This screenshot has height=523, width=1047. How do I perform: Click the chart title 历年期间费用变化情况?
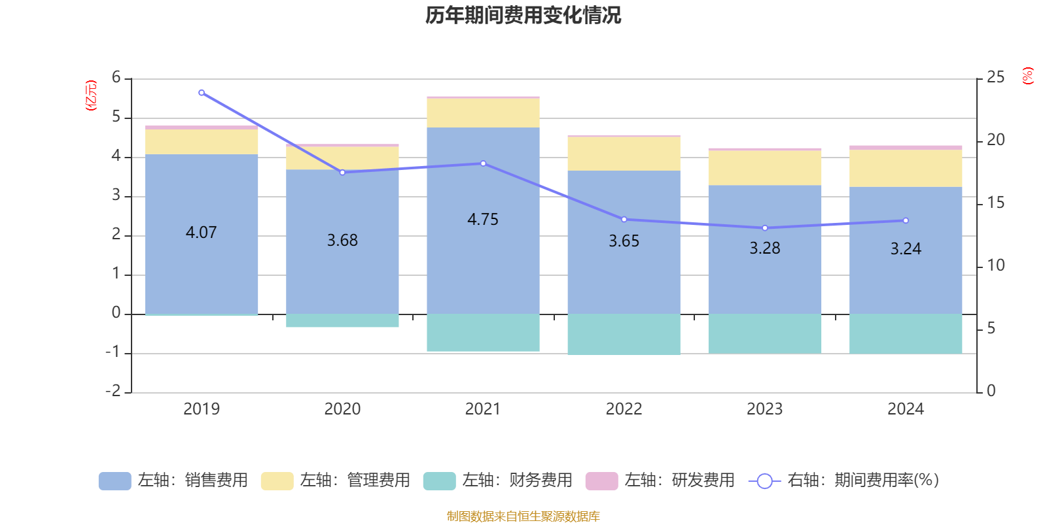click(523, 15)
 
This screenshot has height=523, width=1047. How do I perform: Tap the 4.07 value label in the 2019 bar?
click(201, 233)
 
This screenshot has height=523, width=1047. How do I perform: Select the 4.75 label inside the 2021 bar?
click(483, 220)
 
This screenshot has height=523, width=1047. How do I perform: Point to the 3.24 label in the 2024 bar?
click(906, 249)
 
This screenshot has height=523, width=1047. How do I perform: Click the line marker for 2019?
click(202, 93)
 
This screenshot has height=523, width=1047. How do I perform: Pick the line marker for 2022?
click(624, 220)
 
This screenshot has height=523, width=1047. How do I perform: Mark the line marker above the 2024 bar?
click(906, 220)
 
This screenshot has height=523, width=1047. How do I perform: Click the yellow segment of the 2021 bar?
click(483, 113)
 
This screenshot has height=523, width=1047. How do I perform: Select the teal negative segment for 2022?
click(624, 334)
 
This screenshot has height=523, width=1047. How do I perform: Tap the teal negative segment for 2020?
click(342, 320)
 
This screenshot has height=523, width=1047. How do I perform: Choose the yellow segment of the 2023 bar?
click(764, 168)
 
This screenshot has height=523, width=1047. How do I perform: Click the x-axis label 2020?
click(342, 409)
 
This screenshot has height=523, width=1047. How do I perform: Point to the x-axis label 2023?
click(764, 409)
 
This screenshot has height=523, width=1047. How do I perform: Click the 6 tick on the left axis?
click(116, 78)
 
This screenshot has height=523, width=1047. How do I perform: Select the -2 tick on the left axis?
click(114, 391)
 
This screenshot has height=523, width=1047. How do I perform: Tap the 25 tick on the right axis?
click(995, 78)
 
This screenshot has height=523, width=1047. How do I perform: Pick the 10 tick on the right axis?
click(995, 265)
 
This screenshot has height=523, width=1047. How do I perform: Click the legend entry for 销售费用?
click(173, 481)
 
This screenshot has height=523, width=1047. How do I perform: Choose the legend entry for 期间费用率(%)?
click(844, 481)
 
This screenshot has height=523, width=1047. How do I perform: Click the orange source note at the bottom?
click(523, 516)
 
